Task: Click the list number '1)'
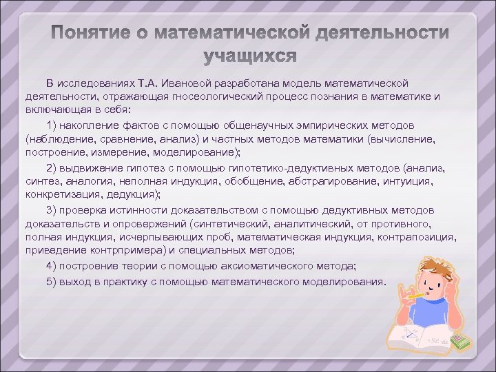[x=52, y=124]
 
